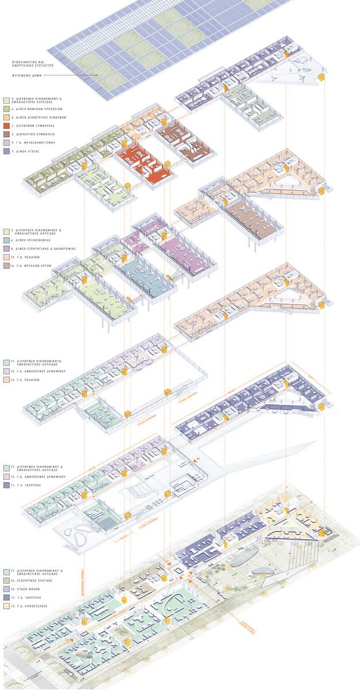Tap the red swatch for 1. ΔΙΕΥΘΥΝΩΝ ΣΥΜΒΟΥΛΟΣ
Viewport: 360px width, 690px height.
click(x=6, y=125)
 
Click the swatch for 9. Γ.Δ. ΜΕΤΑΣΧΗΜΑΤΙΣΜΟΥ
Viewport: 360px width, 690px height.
click(x=6, y=142)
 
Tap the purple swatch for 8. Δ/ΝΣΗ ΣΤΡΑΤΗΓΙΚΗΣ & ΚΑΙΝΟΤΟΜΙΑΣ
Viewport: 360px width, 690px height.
click(x=6, y=248)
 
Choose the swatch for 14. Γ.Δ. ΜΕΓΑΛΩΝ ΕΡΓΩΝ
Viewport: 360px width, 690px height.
click(x=6, y=266)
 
